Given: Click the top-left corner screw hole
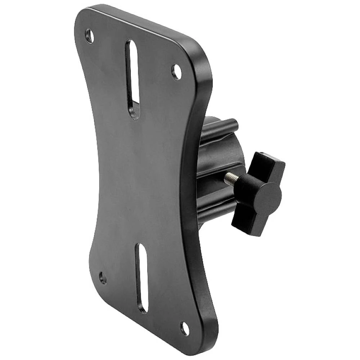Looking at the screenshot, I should [x=89, y=36].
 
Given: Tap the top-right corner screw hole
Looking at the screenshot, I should [x=176, y=72].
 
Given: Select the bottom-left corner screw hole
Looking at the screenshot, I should [x=103, y=278].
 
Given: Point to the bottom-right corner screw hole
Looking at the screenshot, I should [x=184, y=328].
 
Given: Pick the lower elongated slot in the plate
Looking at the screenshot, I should [x=142, y=278].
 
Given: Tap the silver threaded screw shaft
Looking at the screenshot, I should [x=231, y=178].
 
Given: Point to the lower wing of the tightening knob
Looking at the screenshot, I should [x=248, y=223].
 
